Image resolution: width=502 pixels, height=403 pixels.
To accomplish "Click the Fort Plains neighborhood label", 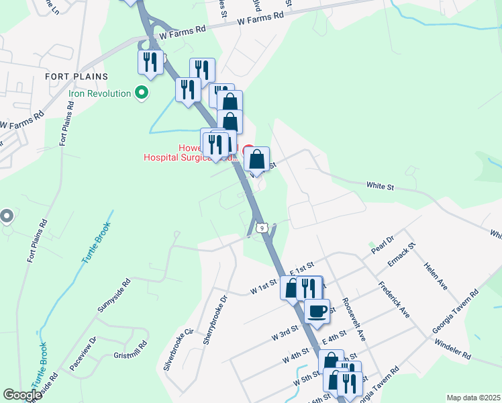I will pyautogui.click(x=73, y=77).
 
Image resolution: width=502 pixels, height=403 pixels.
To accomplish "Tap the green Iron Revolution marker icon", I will pyautogui.click(x=141, y=93).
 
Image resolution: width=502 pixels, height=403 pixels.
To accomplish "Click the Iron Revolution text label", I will pyautogui.click(x=99, y=93).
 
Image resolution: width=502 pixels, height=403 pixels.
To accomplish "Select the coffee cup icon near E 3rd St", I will pyautogui.click(x=317, y=311).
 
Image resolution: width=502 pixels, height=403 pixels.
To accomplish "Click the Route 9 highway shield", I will pyautogui.click(x=264, y=228).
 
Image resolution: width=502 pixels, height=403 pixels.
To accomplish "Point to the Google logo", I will pyautogui.click(x=22, y=395).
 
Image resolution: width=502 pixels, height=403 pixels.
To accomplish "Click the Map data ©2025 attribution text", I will pyautogui.click(x=473, y=398).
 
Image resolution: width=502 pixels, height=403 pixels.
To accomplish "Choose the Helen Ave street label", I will pyautogui.click(x=435, y=275).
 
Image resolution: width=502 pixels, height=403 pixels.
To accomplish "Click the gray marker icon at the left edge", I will pyautogui.click(x=7, y=216).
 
